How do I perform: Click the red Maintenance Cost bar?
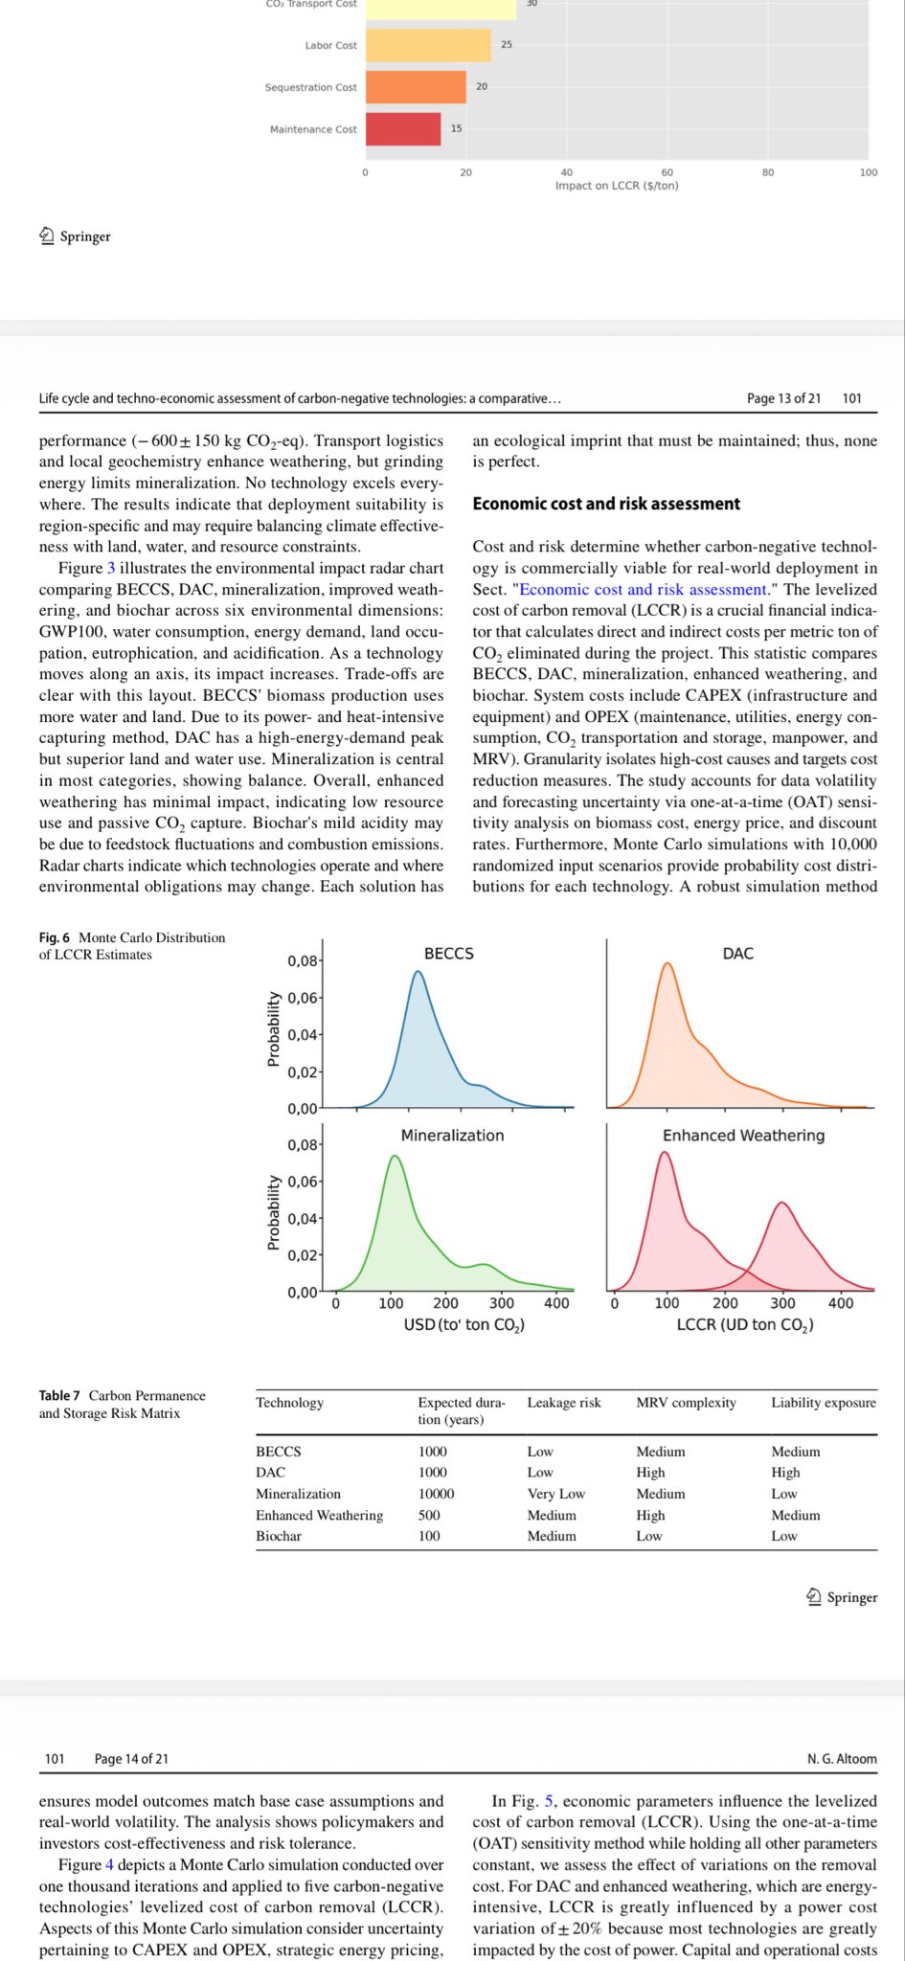coord(403,129)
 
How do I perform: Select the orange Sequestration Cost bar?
coord(416,87)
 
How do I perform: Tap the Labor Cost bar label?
coord(330,45)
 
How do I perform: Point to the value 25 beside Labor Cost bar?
coord(507,44)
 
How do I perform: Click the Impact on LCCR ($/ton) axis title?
coord(617,186)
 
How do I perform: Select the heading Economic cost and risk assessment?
coord(606,504)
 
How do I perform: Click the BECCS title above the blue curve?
coord(449,954)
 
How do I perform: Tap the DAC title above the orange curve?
coord(738,954)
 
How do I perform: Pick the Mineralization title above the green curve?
coord(452,1136)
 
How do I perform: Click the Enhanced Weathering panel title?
coord(743,1136)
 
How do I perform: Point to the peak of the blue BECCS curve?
coord(418,972)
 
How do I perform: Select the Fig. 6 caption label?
coord(55,937)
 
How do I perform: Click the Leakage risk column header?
coord(564,1403)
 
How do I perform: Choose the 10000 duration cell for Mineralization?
coord(436,1494)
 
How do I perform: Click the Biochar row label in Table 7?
coord(279,1536)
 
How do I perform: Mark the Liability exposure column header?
coord(824,1403)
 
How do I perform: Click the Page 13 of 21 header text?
coord(783,398)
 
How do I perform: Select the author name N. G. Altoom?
coord(842,1759)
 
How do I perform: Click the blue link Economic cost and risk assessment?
coord(644,590)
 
